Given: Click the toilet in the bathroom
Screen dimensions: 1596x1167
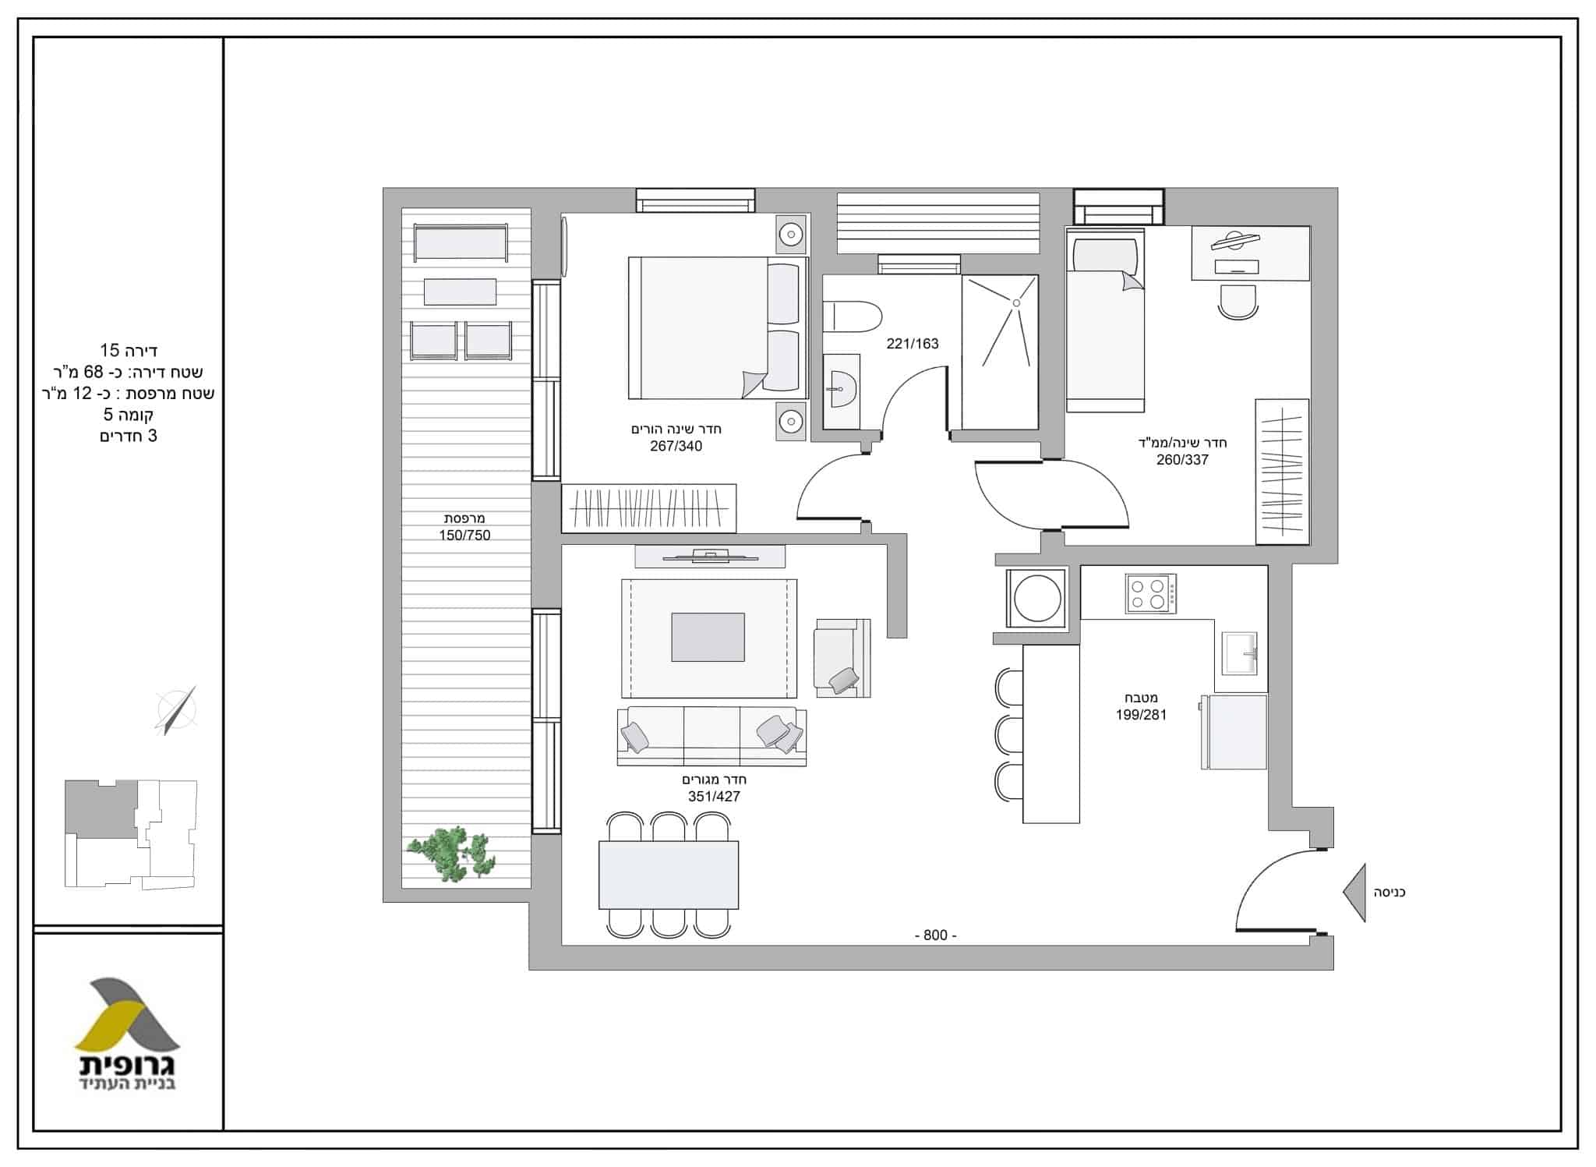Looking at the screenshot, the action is coord(852,317).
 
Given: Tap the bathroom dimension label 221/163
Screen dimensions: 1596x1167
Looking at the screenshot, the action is coord(913,344).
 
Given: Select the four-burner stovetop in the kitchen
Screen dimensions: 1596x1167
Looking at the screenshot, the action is coord(1150,593).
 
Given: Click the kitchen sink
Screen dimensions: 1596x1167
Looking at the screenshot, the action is coord(1239,653).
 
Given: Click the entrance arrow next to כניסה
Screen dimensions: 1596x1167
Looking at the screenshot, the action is coord(1354,893).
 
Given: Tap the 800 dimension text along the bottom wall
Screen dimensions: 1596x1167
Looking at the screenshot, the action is coord(935,935).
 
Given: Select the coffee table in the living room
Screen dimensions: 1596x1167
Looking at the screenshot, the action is coord(708,637).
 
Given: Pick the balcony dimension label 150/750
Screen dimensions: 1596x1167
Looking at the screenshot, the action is coord(464,536).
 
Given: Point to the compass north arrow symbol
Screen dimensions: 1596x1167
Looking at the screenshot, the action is coord(177,710).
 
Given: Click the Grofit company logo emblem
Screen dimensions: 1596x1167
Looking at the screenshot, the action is coord(127,1013).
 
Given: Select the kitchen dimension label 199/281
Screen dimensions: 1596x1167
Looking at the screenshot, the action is coord(1141,715).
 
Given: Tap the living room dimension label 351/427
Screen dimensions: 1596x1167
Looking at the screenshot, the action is coord(714,797).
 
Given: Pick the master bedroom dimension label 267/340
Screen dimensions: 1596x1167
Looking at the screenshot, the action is coord(676,447).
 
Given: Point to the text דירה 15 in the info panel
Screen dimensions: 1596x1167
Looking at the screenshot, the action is coord(129,351).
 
